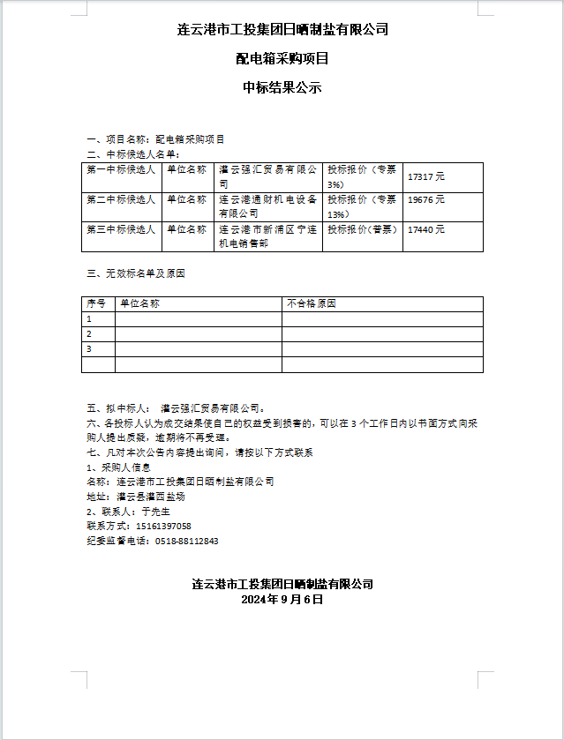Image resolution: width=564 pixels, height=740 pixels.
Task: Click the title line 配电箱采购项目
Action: click(282, 59)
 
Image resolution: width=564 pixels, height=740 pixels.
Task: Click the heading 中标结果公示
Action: click(282, 88)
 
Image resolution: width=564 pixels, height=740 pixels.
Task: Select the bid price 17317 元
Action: click(426, 176)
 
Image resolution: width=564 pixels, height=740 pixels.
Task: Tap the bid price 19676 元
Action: click(426, 200)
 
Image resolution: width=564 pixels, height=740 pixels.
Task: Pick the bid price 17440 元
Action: click(426, 229)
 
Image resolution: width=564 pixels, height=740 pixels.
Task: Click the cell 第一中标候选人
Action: click(121, 169)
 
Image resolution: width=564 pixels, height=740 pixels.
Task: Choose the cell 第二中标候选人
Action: click(121, 200)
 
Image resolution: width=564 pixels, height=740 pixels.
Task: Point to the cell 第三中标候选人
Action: click(121, 229)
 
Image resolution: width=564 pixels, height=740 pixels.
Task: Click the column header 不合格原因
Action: click(312, 303)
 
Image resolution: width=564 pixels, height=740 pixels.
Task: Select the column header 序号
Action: click(96, 303)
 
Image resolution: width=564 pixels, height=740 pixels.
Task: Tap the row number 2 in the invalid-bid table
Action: click(89, 334)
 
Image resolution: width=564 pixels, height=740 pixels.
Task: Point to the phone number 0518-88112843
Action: click(186, 541)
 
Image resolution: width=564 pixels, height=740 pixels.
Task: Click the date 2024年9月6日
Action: click(282, 599)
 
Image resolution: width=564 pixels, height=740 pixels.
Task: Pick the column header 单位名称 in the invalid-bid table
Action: click(139, 303)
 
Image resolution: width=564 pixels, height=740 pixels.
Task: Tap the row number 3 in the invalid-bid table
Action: click(89, 349)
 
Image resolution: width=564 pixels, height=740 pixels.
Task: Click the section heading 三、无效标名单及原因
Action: click(135, 273)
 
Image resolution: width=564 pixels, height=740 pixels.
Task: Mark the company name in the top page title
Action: click(282, 29)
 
